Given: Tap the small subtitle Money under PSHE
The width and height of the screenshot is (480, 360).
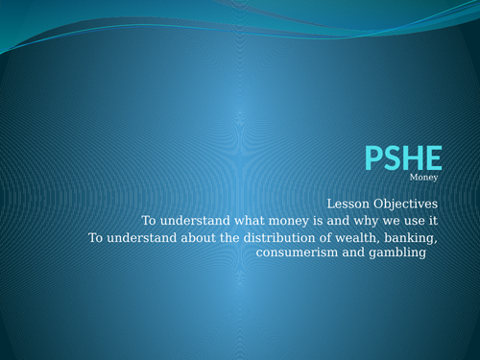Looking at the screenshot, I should click(x=423, y=178).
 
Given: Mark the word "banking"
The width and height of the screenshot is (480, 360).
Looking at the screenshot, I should click(x=411, y=237).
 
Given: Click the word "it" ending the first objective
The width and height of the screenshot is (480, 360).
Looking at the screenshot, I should click(x=432, y=220).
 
